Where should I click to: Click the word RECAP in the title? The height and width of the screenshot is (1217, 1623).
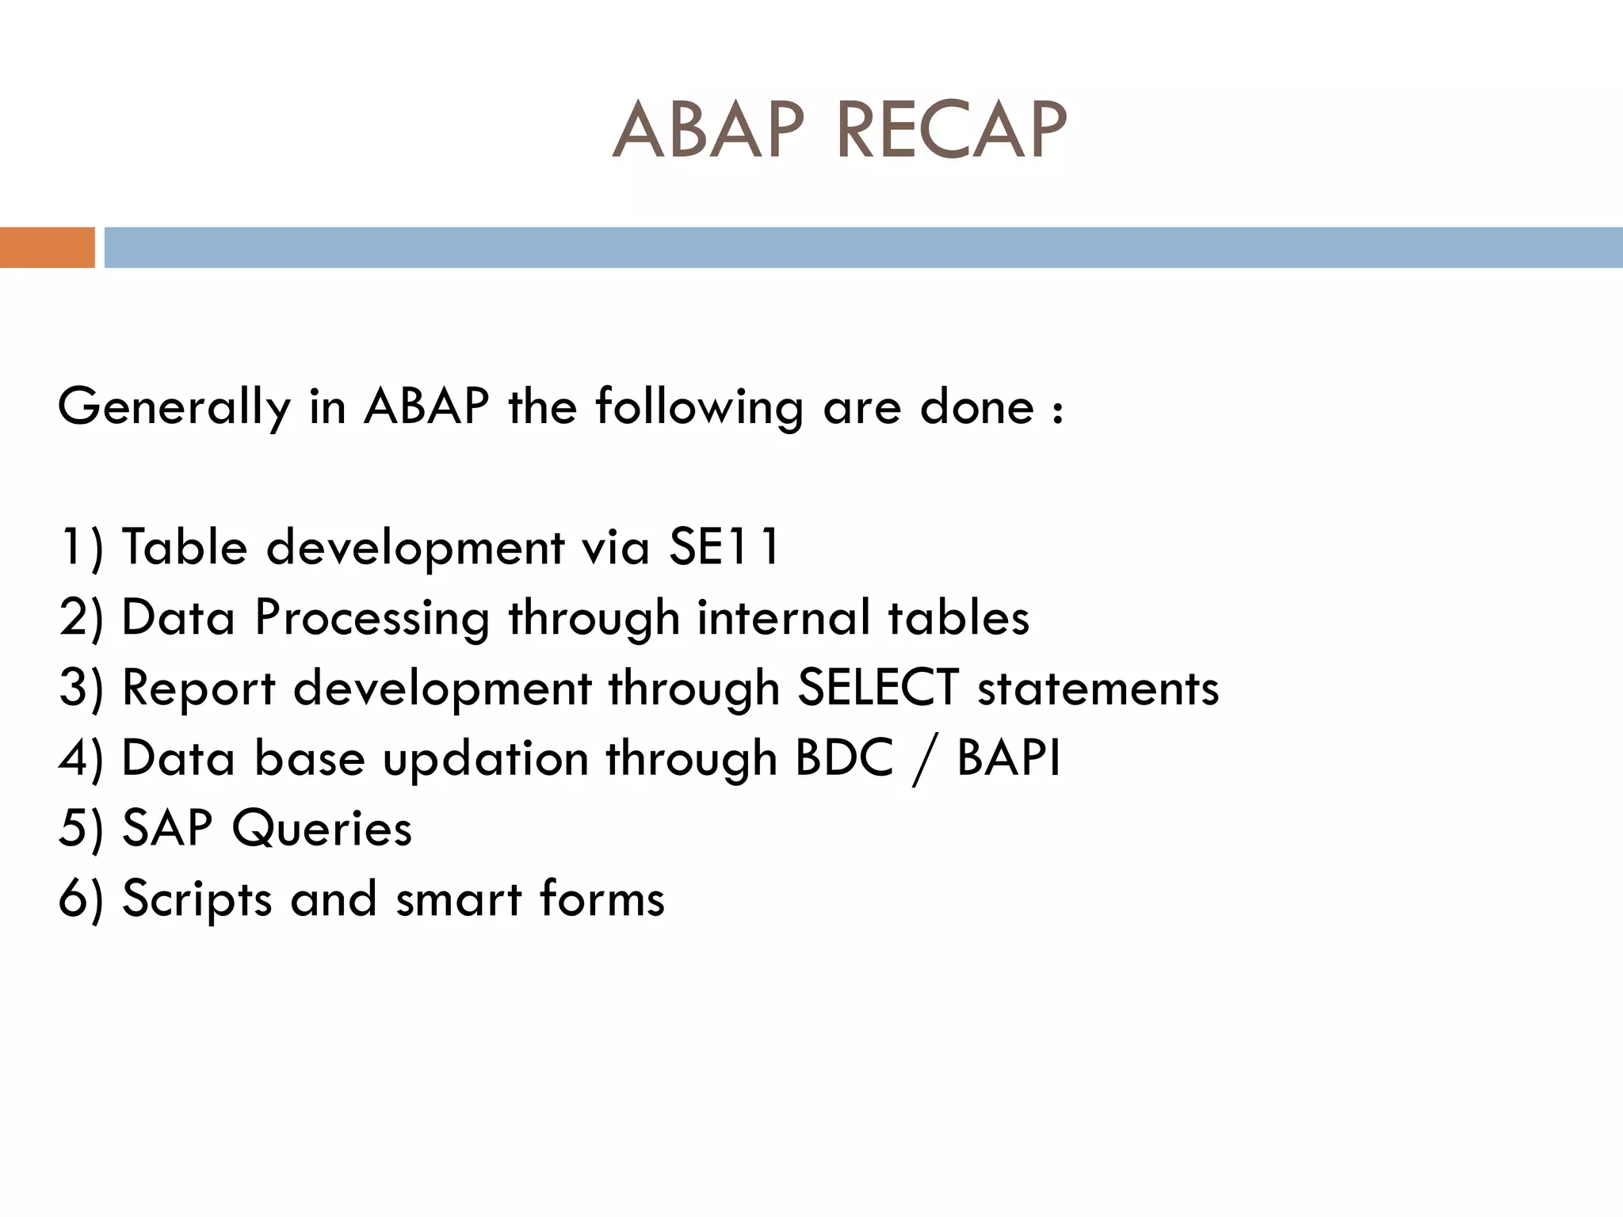[951, 131]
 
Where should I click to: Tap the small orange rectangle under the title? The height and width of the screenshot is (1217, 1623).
[47, 247]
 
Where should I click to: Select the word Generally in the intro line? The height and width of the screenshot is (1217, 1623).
[174, 407]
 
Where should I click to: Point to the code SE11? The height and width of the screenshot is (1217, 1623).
[724, 547]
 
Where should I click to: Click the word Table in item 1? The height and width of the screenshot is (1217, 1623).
[184, 547]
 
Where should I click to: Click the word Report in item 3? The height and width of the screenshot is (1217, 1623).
[198, 688]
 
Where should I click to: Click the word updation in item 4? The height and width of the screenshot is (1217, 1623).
[485, 759]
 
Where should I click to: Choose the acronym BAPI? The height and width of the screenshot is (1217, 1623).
[1008, 758]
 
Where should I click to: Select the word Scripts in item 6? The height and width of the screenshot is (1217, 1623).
[197, 899]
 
